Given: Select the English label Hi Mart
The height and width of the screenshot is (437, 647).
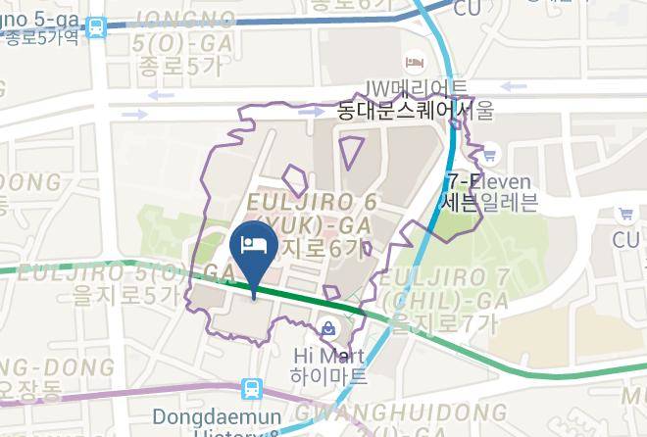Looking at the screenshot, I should [328, 354].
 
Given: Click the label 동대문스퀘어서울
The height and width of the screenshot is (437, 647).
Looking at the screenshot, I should [415, 110].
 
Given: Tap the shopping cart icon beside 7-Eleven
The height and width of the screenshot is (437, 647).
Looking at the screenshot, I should [488, 154].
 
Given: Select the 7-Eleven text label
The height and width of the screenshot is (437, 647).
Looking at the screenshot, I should [487, 182].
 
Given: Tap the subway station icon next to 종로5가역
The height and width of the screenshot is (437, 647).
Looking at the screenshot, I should [97, 28].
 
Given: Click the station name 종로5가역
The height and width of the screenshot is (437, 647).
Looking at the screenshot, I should [41, 40].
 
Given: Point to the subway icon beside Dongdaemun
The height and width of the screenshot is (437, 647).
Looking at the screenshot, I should [252, 389].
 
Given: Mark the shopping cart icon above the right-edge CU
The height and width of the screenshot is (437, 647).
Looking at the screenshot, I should [624, 214].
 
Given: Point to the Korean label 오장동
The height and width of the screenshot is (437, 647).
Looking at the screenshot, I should [29, 390].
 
